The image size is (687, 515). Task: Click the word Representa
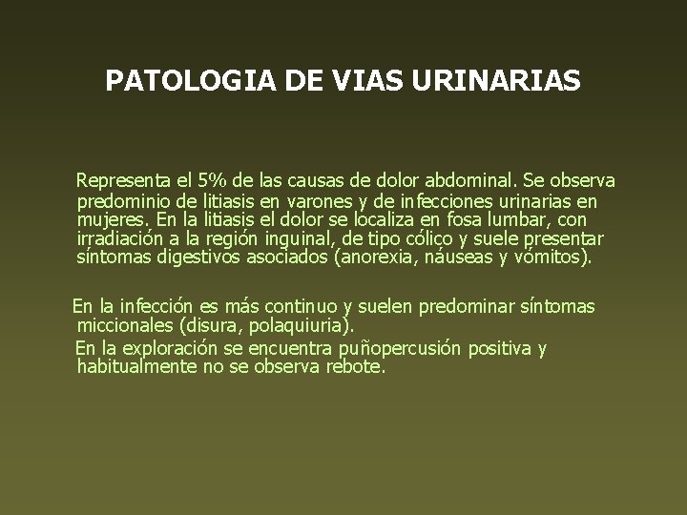click(x=121, y=179)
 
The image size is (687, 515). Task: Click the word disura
click(x=218, y=325)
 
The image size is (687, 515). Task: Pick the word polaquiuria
click(x=295, y=325)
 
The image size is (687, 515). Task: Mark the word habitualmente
click(x=135, y=365)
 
